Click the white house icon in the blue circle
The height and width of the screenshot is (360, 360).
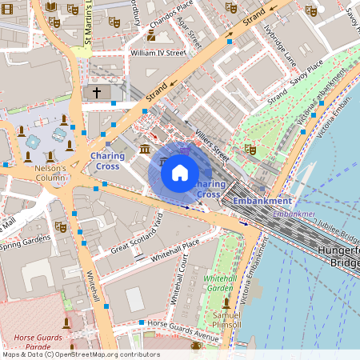click(x=180, y=172)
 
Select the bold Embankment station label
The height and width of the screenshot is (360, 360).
click(x=263, y=201)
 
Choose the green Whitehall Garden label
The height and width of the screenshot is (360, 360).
click(x=220, y=282)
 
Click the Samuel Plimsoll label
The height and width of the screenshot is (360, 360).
click(x=227, y=319)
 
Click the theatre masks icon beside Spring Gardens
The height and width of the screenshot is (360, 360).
click(x=61, y=226)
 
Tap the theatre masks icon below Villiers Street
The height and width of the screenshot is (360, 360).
click(x=250, y=149)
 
